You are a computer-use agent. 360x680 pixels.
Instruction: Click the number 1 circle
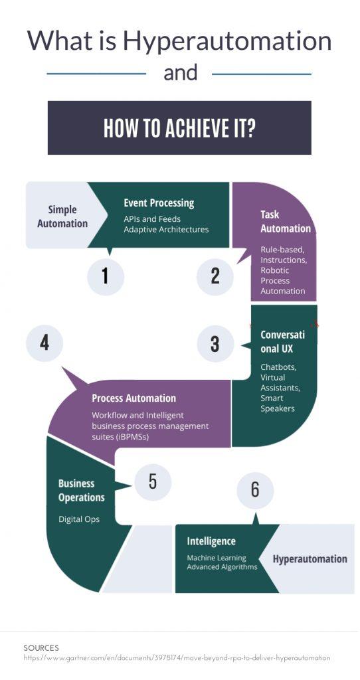[x=106, y=276]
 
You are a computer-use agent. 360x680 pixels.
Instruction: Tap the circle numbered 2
[x=215, y=277]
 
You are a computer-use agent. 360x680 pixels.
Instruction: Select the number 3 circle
[x=216, y=344]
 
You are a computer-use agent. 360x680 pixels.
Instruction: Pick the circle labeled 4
[x=45, y=343]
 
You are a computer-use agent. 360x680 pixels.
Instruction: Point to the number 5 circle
[x=153, y=482]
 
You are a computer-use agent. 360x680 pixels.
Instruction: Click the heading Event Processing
[x=159, y=203]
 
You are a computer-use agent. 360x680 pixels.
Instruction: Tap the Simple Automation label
[x=62, y=216]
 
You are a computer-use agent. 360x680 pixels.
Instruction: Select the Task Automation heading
[x=286, y=222]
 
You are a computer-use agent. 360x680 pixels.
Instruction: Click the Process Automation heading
[x=134, y=398]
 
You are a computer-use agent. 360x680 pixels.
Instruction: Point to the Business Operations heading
[x=82, y=491]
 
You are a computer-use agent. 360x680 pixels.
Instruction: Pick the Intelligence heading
[x=211, y=541]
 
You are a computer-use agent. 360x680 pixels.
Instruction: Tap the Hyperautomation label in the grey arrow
[x=310, y=559]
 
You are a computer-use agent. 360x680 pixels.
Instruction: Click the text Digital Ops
[x=79, y=519]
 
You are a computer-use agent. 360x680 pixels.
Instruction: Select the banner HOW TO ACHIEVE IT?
[x=179, y=127]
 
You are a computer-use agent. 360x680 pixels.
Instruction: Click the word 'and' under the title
[x=181, y=73]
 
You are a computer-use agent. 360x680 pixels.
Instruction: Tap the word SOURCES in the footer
[x=41, y=648]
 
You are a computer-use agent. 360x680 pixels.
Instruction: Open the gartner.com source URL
[x=177, y=658]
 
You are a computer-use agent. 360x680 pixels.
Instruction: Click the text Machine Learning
[x=217, y=558]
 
